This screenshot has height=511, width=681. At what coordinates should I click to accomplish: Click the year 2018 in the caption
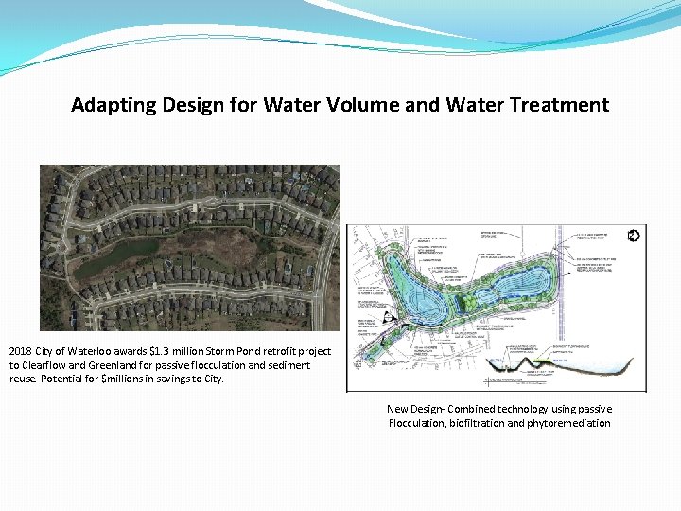pyautogui.click(x=21, y=352)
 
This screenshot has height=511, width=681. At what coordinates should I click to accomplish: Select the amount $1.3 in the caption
pyautogui.click(x=163, y=352)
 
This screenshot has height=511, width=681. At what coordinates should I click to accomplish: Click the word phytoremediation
pyautogui.click(x=568, y=423)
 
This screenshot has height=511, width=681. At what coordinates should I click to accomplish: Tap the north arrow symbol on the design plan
pyautogui.click(x=633, y=236)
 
